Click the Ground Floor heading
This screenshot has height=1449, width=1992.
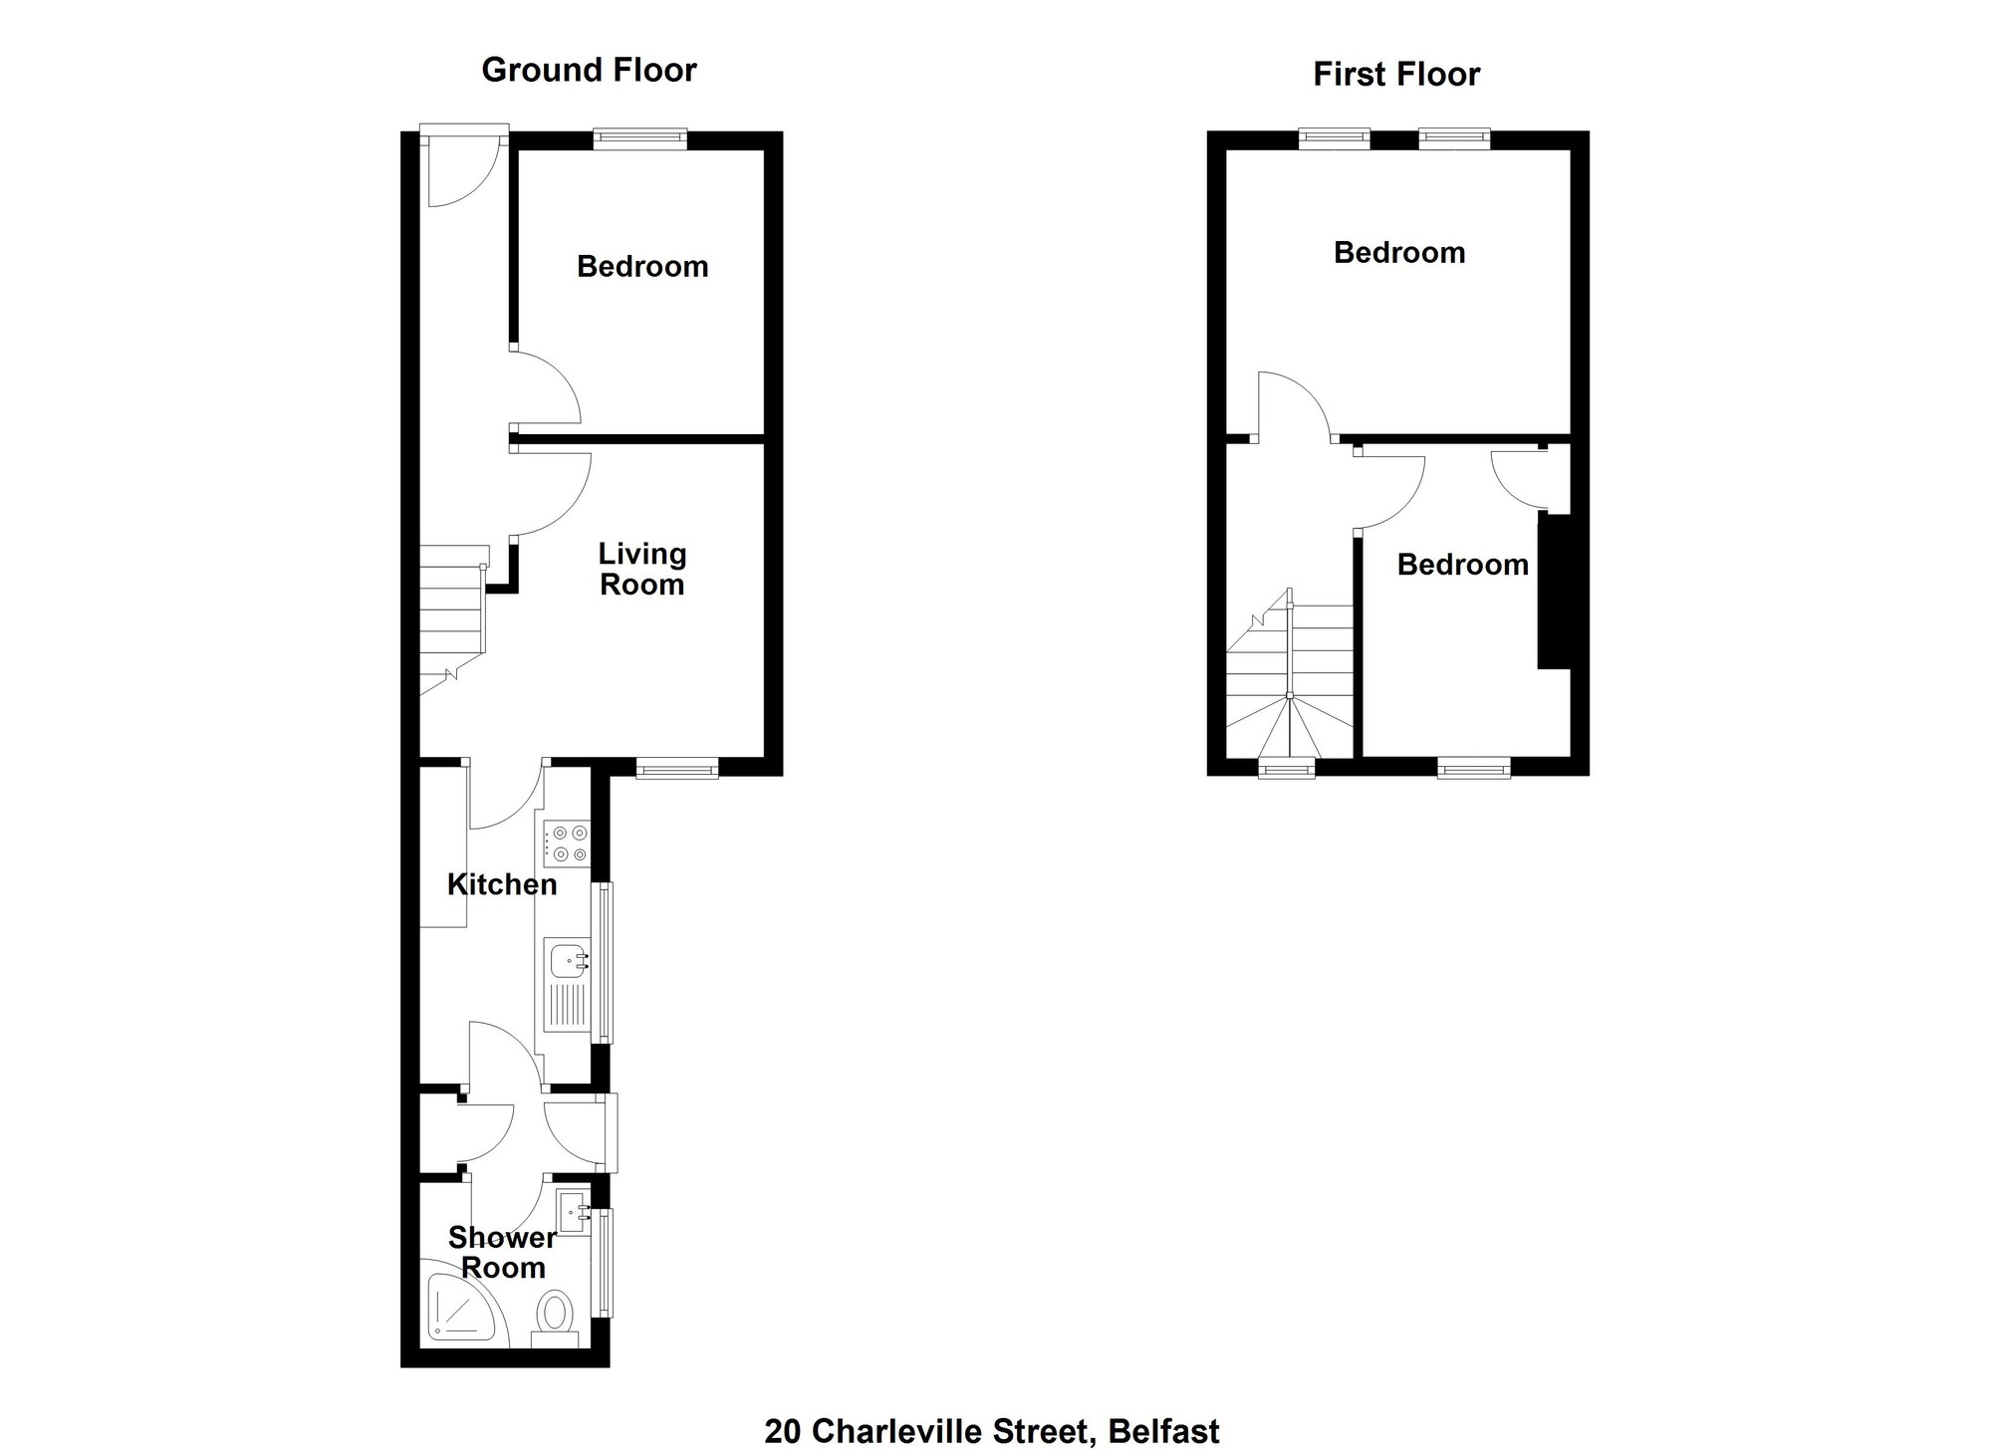click(x=589, y=70)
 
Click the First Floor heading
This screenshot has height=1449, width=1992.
click(x=1396, y=74)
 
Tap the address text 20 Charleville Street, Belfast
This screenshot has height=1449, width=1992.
click(x=992, y=1431)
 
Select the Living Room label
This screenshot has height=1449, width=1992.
click(x=642, y=569)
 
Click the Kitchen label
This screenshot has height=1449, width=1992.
click(x=502, y=884)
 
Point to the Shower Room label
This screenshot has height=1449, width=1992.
click(x=502, y=1252)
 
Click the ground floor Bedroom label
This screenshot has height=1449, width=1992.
click(x=642, y=266)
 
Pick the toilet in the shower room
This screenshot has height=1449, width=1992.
click(x=555, y=1319)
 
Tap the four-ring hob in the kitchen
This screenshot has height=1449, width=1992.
click(x=565, y=843)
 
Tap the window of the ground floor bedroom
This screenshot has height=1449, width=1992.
click(x=640, y=139)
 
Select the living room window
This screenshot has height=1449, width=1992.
click(x=677, y=767)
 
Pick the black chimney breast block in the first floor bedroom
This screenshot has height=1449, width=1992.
click(x=1555, y=591)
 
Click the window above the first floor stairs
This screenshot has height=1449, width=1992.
click(x=1287, y=767)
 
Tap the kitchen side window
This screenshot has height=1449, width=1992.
click(x=603, y=962)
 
